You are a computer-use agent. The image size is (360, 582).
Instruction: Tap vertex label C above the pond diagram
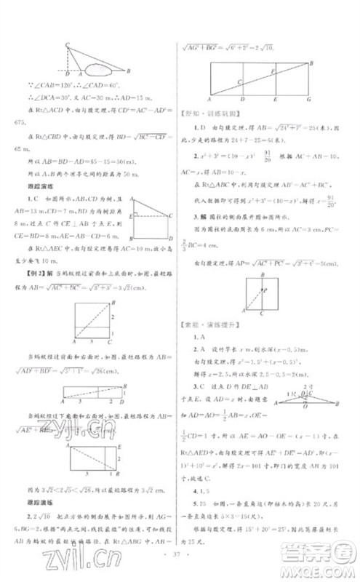coord(68,45)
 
